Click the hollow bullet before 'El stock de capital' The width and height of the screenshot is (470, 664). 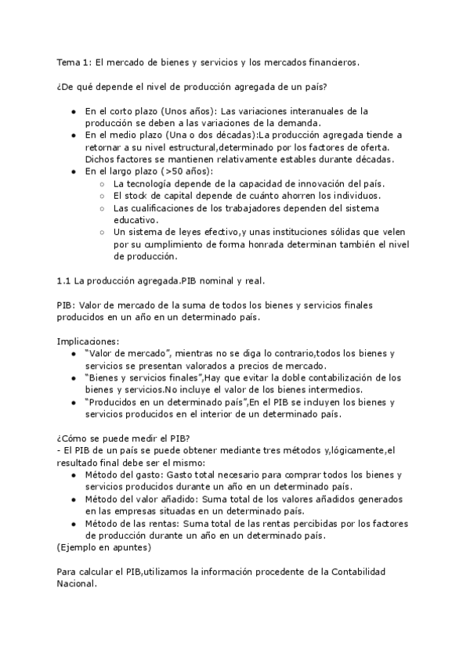tap(103, 195)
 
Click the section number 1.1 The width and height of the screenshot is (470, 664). tap(64, 280)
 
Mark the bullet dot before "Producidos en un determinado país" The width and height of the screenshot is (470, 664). tap(74, 402)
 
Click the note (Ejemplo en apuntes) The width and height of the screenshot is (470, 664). tap(104, 547)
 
